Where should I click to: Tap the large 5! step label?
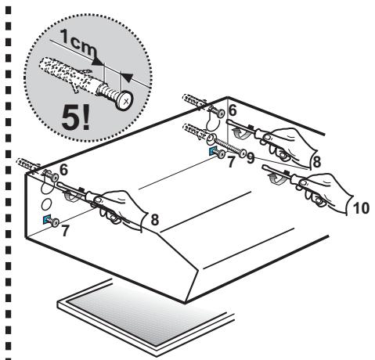click(76, 118)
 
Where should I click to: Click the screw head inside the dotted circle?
click(124, 100)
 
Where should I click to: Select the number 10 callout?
click(361, 208)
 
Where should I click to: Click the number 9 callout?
click(251, 158)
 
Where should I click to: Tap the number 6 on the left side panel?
click(63, 170)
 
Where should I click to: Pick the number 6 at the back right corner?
click(233, 110)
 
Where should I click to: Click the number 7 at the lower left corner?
click(65, 231)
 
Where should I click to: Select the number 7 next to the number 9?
click(231, 162)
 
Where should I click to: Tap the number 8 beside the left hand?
click(155, 220)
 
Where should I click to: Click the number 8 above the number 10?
click(316, 162)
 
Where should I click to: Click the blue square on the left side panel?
click(46, 220)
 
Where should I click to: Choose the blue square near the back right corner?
click(214, 150)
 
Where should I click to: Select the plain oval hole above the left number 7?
click(47, 203)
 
